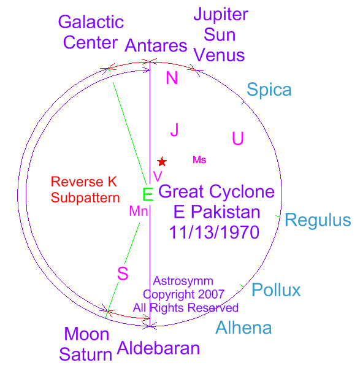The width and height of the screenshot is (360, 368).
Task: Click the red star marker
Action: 162,161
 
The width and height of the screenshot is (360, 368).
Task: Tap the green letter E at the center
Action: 148,194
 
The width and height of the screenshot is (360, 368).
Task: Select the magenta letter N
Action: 172,78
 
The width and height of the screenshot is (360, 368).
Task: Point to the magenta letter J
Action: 174,130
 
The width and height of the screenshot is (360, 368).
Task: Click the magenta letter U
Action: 238,138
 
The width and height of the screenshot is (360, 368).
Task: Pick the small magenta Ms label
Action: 199,160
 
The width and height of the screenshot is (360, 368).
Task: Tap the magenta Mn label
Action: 139,211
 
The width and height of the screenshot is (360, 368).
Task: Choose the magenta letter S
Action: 123,274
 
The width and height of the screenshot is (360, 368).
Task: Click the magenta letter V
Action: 158,176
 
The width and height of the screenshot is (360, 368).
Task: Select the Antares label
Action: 156,45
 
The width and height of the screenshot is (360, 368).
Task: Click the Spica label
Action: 269,90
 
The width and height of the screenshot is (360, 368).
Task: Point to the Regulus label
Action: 318,220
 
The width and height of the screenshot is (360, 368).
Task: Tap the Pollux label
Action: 276,290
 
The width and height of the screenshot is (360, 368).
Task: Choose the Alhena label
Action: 243,328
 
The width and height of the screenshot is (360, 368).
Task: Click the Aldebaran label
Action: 158,348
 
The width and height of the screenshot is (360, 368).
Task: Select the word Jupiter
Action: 221,15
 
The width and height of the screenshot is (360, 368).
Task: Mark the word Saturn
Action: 86,355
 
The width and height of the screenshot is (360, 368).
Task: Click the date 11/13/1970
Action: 214,232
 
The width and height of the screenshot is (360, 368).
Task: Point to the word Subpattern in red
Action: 85,198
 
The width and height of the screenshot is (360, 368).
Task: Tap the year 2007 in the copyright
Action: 211,294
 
